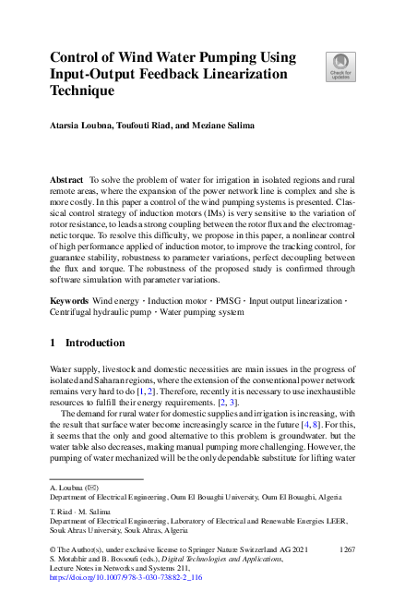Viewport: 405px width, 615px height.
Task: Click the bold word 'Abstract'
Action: click(x=67, y=175)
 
